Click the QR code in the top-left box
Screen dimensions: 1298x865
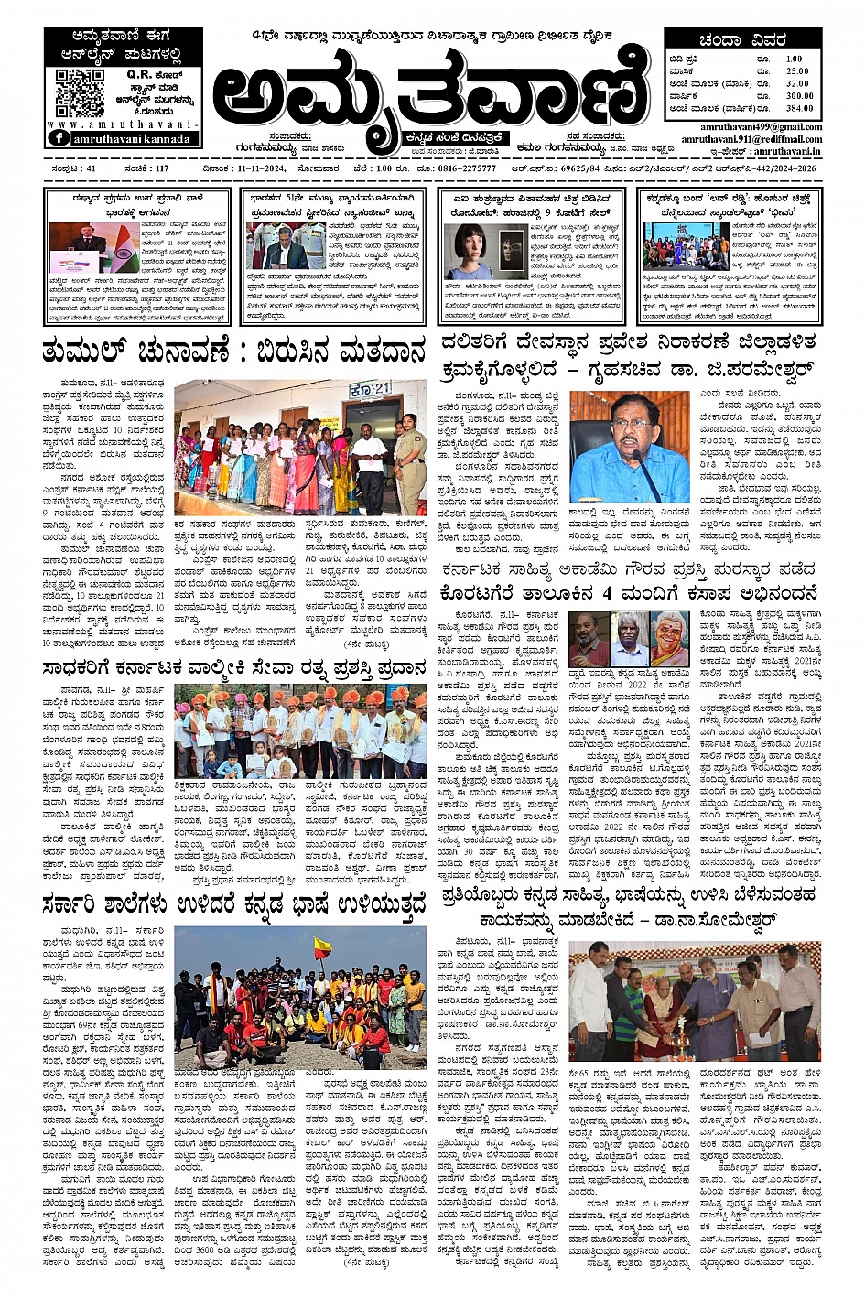pos(80,90)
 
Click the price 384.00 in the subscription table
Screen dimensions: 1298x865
pos(798,108)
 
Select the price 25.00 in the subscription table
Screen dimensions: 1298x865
pos(797,70)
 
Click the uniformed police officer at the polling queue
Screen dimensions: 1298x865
pos(409,449)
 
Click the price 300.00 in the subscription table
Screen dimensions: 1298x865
pos(798,95)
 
